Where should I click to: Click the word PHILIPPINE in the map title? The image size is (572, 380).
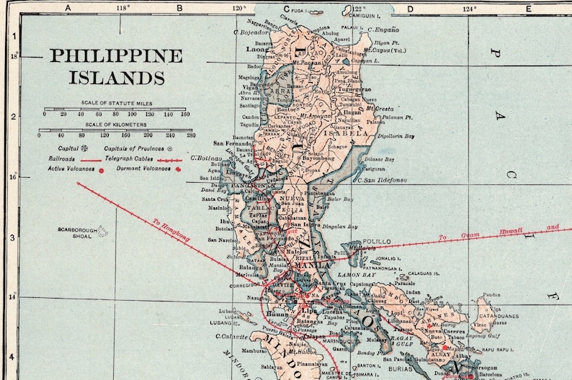coord(116,56)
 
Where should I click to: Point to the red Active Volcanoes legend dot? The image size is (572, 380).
coord(100,170)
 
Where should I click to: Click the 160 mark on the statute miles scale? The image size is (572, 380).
coord(184,114)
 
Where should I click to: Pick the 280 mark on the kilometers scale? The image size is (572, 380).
coord(190,135)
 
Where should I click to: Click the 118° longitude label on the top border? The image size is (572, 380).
coord(122,9)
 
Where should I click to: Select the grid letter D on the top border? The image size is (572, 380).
coord(409,9)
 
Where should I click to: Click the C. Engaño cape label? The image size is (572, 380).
coord(383,30)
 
